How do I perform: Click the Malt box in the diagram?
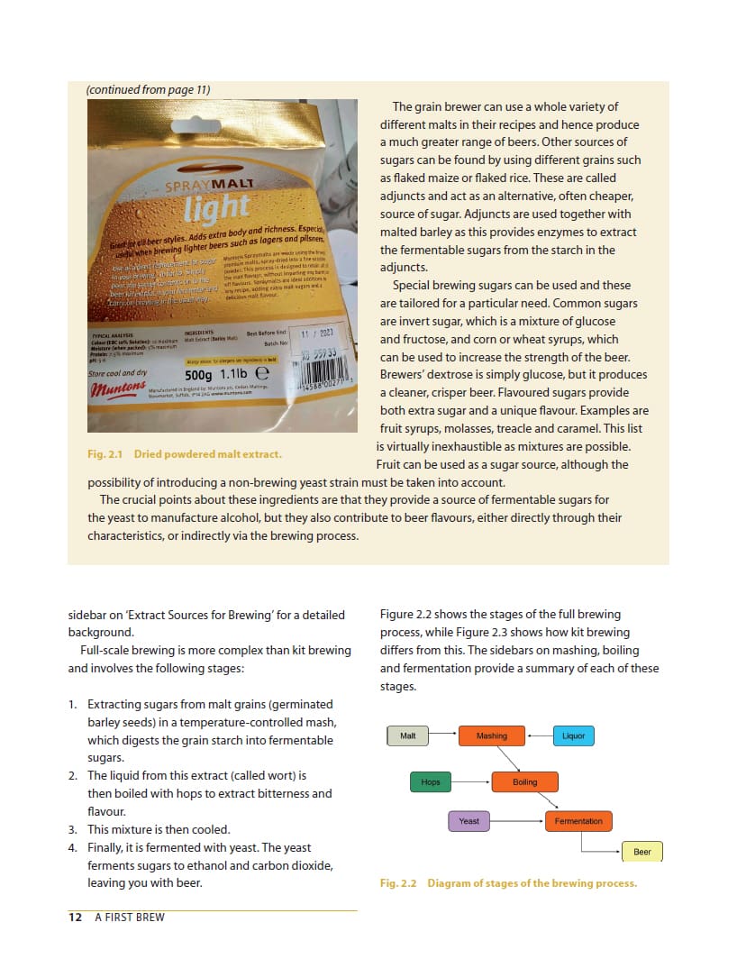click(x=408, y=735)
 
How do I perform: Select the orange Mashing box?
click(x=492, y=735)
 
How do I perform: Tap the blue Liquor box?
click(x=573, y=735)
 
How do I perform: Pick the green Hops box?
click(x=431, y=781)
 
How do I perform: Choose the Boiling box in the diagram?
click(x=524, y=781)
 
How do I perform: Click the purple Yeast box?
click(x=469, y=821)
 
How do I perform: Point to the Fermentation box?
click(x=578, y=821)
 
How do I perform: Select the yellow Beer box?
click(x=642, y=852)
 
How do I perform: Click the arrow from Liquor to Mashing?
click(x=539, y=735)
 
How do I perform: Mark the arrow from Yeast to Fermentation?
click(x=517, y=821)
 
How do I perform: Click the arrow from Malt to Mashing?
click(x=442, y=735)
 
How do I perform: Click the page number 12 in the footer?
click(x=76, y=918)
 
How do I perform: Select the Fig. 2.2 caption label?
click(x=398, y=883)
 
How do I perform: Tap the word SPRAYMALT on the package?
click(x=209, y=185)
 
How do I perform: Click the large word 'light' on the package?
click(x=215, y=208)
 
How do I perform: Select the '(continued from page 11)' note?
click(x=148, y=89)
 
